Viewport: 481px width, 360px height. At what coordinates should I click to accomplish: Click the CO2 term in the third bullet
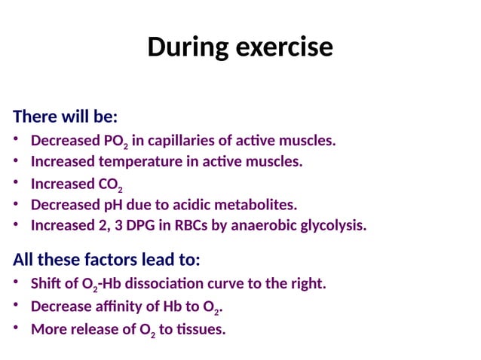tap(110, 185)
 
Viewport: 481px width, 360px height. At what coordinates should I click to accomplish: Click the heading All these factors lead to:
tap(106, 260)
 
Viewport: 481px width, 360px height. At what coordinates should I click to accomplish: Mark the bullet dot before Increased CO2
tap(17, 183)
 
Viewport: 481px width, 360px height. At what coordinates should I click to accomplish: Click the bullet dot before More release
tap(17, 328)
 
